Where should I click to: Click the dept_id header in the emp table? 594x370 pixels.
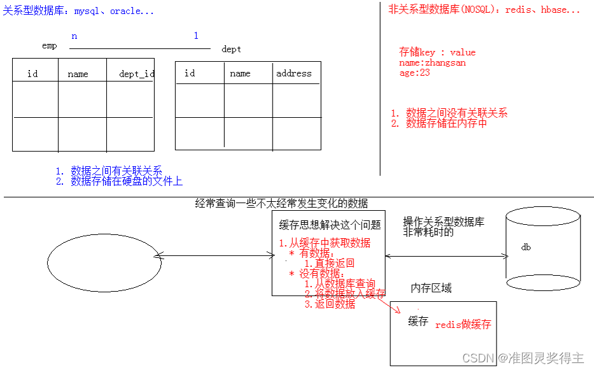tap(136, 74)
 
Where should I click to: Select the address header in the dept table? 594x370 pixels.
tap(293, 73)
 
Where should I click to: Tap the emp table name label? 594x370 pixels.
tap(49, 46)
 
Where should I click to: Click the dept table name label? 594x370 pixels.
tap(231, 49)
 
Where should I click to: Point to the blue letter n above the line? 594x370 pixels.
tap(74, 36)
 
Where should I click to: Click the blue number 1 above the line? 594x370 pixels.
tap(196, 36)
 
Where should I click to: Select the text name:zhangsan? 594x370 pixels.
tap(432, 62)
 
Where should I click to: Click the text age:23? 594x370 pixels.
tap(414, 73)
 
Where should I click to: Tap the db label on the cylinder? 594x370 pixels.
tap(526, 247)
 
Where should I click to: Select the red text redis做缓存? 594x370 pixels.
tap(463, 325)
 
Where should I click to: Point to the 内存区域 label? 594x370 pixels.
tap(431, 288)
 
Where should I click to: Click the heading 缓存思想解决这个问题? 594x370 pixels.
tap(330, 225)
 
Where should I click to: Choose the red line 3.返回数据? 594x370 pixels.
tap(330, 304)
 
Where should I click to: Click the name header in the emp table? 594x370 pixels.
tap(78, 74)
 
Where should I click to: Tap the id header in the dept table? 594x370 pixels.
tap(190, 73)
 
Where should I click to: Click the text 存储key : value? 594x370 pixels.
tap(437, 52)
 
